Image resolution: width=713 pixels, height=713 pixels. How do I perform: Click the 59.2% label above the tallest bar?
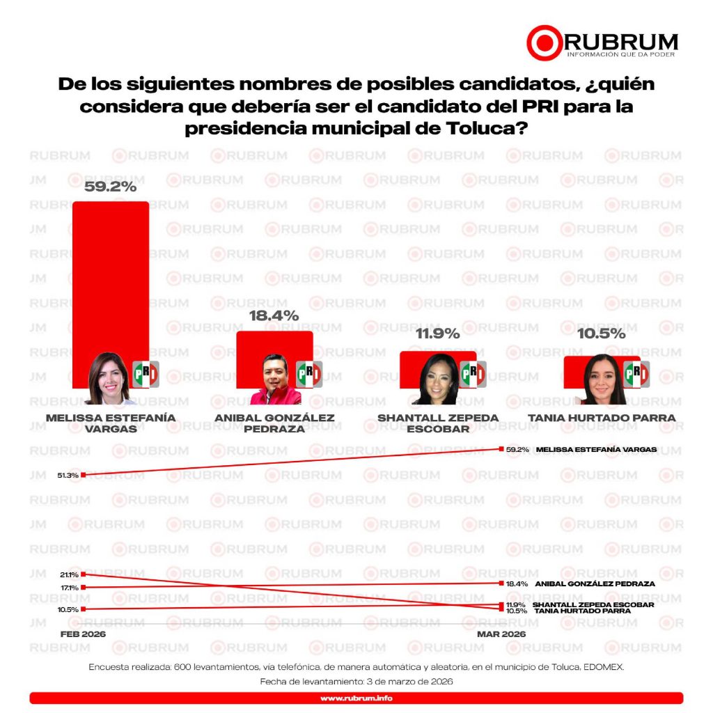[x=110, y=187]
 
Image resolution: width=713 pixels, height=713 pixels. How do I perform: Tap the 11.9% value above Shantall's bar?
[x=437, y=334]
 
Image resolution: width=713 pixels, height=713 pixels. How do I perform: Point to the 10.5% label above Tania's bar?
[x=602, y=334]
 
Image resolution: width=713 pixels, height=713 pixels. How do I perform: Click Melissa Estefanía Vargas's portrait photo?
[x=109, y=379]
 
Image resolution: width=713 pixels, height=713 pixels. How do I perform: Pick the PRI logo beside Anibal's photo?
[x=309, y=375]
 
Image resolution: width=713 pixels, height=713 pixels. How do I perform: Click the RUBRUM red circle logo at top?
[x=544, y=43]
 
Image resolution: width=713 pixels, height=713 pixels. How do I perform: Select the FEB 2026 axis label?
[x=82, y=634]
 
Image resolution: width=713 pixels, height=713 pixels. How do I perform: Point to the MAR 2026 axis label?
[x=501, y=634]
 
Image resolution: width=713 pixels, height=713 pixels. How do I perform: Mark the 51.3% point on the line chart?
[x=83, y=475]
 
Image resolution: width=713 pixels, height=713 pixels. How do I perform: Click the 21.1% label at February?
[x=68, y=574]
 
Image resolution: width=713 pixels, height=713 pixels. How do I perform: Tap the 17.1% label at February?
[x=68, y=588]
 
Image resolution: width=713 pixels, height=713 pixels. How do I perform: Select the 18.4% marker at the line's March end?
[x=501, y=583]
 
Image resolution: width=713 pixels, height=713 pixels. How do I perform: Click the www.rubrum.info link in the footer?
[x=356, y=698]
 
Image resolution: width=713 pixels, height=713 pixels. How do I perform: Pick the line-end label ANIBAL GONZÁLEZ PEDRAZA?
[x=594, y=583]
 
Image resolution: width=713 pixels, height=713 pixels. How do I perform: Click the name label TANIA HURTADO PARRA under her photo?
[x=601, y=418]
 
